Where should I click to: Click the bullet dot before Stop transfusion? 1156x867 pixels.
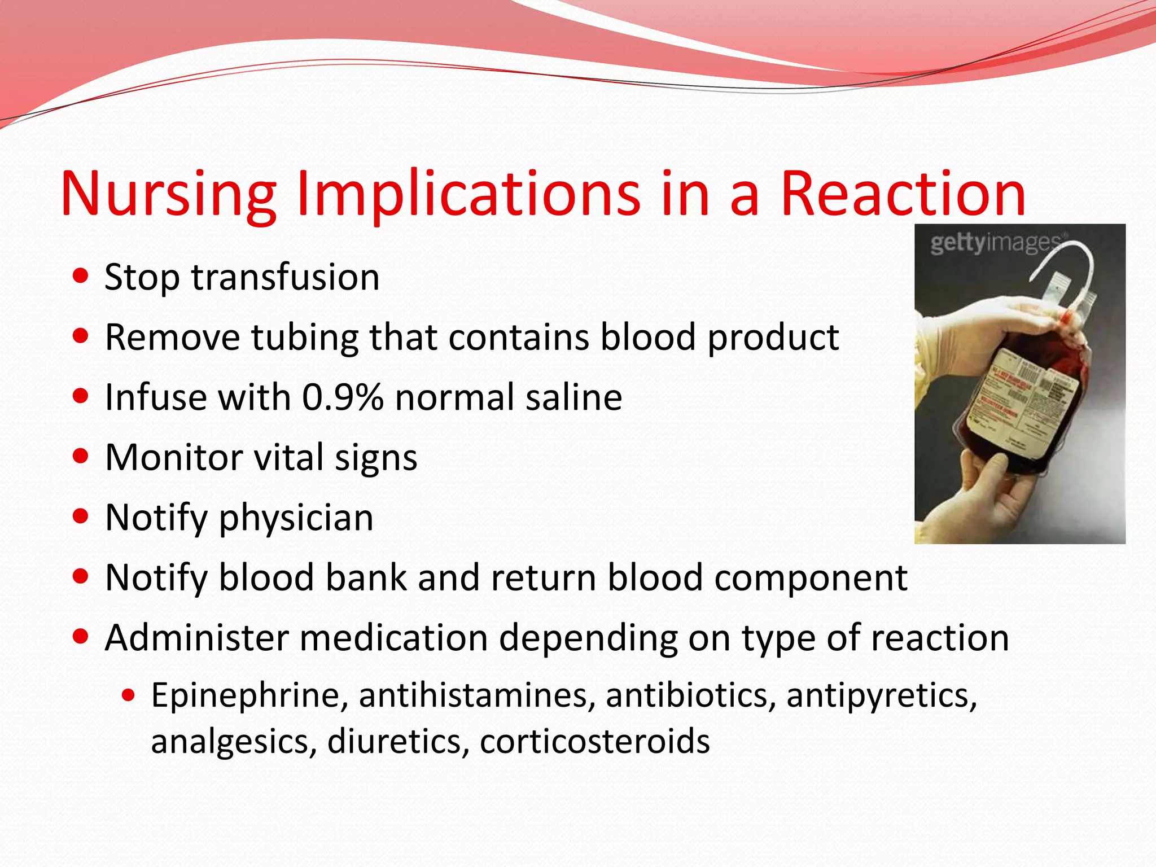point(81,276)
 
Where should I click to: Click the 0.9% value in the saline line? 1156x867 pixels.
point(343,397)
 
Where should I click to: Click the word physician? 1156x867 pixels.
point(296,518)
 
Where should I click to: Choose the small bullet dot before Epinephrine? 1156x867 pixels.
point(129,695)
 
